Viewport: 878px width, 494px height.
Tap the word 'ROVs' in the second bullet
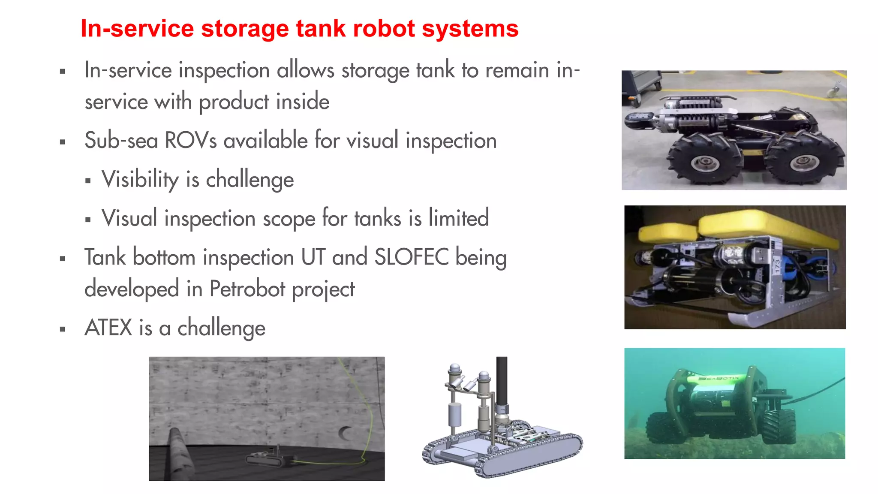191,140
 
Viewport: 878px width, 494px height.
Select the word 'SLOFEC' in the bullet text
411,257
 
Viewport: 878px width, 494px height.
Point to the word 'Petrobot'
247,289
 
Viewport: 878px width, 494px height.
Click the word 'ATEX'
108,328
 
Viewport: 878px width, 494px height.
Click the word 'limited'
459,218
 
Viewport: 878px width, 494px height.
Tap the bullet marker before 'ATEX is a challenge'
63,329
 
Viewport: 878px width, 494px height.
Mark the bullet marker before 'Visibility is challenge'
88,181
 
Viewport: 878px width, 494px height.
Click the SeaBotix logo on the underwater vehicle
719,378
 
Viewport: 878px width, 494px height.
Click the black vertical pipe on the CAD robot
502,382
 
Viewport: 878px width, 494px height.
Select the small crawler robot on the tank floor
270,458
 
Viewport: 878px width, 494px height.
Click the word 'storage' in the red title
245,29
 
